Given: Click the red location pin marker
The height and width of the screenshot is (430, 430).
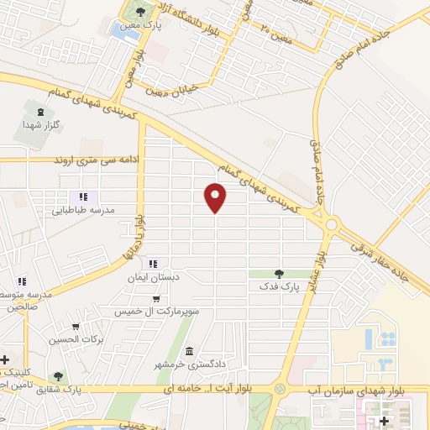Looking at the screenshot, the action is [x=217, y=198].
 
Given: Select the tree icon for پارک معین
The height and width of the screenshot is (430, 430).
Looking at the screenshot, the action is [x=139, y=13].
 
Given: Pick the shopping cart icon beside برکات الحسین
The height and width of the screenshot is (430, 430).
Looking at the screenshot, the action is [x=76, y=327].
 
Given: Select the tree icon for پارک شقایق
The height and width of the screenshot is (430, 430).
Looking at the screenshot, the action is [x=57, y=377].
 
